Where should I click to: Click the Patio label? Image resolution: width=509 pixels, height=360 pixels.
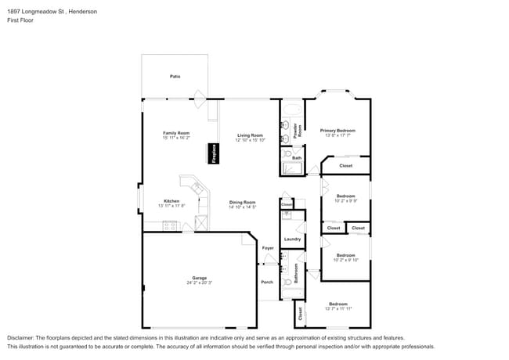pyautogui.click(x=175, y=76)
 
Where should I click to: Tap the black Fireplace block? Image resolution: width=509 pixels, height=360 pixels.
pyautogui.click(x=211, y=153)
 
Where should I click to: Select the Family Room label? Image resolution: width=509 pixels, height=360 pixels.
pyautogui.click(x=176, y=133)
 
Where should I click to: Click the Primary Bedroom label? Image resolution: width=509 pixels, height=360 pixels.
pyautogui.click(x=338, y=131)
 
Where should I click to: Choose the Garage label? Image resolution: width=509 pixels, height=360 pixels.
pyautogui.click(x=200, y=278)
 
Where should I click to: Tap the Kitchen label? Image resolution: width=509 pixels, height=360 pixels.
pyautogui.click(x=171, y=200)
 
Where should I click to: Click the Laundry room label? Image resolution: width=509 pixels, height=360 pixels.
pyautogui.click(x=293, y=239)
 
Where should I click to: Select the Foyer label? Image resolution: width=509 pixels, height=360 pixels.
pyautogui.click(x=268, y=248)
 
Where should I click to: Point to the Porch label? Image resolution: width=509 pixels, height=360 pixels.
pyautogui.click(x=267, y=283)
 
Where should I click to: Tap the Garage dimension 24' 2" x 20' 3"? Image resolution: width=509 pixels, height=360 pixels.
pyautogui.click(x=200, y=283)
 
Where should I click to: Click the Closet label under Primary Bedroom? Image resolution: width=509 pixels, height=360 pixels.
pyautogui.click(x=346, y=166)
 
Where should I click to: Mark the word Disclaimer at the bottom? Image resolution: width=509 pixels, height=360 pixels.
pyautogui.click(x=22, y=337)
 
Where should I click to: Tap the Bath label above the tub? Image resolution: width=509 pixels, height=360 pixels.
pyautogui.click(x=297, y=158)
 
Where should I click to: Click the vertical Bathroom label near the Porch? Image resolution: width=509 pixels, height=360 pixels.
pyautogui.click(x=297, y=272)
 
